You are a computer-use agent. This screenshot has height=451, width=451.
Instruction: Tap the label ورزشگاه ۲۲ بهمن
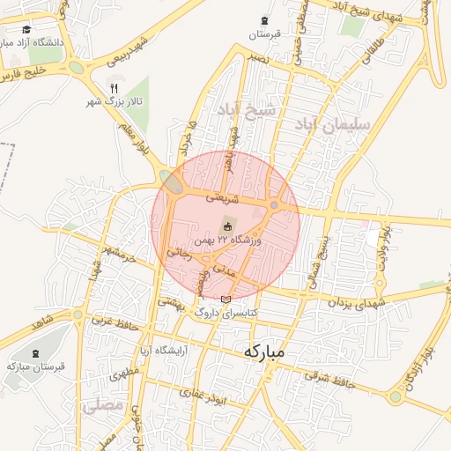227,240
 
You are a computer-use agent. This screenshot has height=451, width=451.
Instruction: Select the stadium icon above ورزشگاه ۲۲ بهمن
227,227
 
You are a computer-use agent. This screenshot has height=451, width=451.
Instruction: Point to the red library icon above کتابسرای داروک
226,299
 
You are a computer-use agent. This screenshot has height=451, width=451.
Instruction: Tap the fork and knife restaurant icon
113,87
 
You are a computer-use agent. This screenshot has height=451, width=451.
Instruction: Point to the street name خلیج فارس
23,75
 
